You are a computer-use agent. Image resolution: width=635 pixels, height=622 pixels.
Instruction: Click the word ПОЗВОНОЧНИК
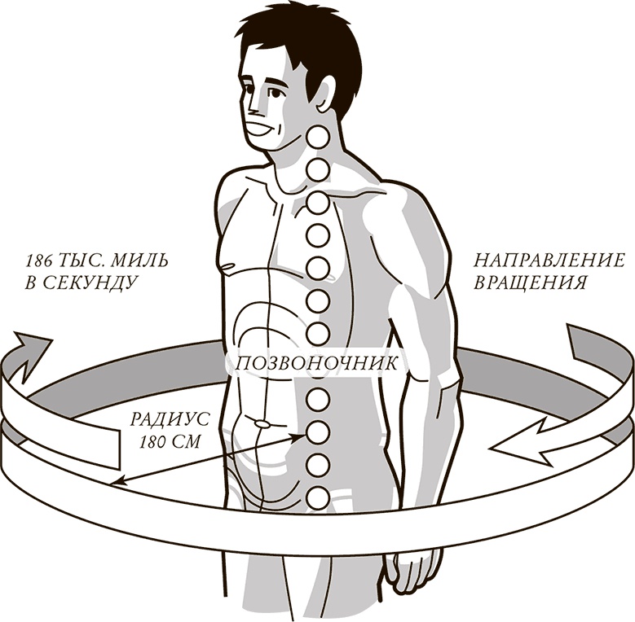coord(316,363)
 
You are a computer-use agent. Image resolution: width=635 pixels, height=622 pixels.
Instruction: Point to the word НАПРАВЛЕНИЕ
coord(549,261)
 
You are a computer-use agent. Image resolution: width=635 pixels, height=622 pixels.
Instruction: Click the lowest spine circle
coord(318,496)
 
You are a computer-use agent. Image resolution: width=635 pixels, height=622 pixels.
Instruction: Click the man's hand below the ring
coord(412,570)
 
